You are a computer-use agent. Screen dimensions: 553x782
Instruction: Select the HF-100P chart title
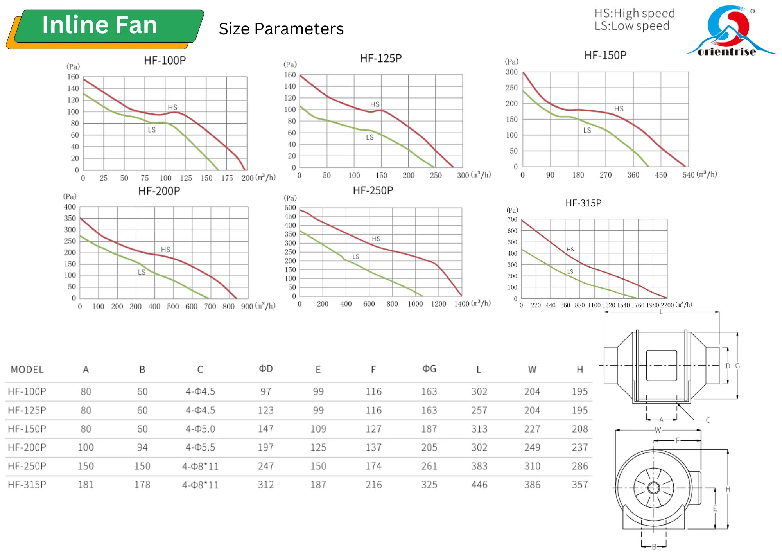pos(165,61)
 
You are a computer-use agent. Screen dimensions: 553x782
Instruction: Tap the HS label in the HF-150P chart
pos(619,109)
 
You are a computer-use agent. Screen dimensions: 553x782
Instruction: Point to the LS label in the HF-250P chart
pos(355,257)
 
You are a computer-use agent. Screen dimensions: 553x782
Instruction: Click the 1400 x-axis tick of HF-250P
pos(461,304)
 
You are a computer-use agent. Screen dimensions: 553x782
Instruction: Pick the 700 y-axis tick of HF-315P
pos(512,220)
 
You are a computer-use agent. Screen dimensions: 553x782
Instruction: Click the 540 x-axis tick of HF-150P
pos(689,175)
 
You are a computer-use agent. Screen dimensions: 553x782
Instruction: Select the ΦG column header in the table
pos(429,369)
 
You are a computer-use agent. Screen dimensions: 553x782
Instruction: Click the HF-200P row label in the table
pos(27,447)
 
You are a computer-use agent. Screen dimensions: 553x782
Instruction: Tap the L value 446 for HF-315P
pos(479,485)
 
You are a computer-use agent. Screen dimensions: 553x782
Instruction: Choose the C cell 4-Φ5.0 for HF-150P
pos(200,429)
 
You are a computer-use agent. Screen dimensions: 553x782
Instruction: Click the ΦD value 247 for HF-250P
pos(265,466)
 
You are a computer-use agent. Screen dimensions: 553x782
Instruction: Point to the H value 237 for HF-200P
pos(579,447)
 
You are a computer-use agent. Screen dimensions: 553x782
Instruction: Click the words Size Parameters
pos(281,29)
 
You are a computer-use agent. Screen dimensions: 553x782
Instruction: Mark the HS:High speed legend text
pos(635,13)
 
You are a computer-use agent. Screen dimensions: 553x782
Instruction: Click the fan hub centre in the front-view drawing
pos(653,488)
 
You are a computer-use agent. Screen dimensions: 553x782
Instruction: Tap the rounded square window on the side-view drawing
pos(661,365)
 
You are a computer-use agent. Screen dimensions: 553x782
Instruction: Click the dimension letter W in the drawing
pos(658,430)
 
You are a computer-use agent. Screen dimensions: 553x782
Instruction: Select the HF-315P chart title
pos(583,203)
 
